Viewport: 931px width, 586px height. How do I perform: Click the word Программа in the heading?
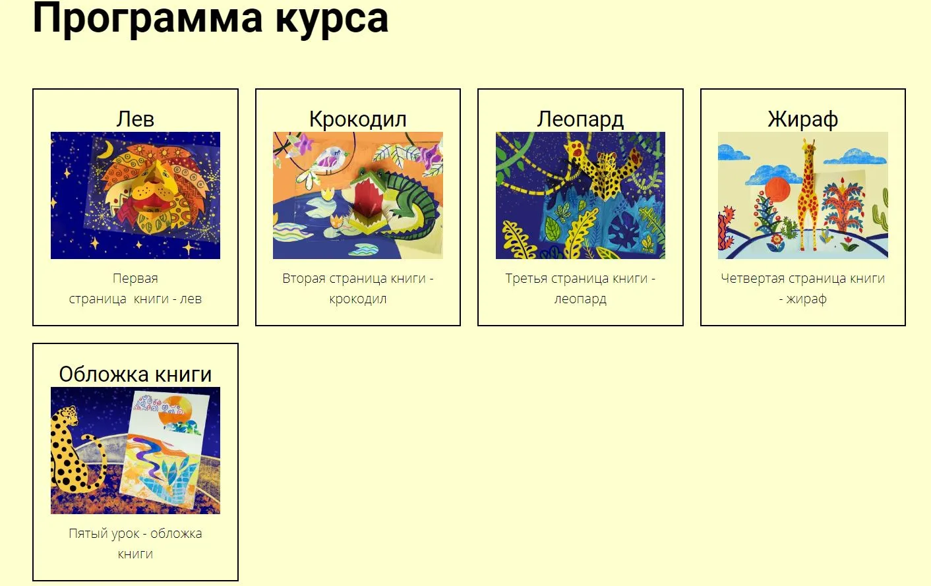click(x=147, y=18)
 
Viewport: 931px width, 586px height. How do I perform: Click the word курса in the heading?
click(x=332, y=18)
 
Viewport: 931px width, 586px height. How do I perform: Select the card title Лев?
click(x=135, y=119)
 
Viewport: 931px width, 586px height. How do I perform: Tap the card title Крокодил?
click(x=357, y=119)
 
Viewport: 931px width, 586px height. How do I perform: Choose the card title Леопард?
click(x=580, y=119)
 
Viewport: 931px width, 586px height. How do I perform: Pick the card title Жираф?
click(x=802, y=119)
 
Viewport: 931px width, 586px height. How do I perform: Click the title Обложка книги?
click(x=135, y=374)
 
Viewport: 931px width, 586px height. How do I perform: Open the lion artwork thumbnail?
click(x=135, y=195)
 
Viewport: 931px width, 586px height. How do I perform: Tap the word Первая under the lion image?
click(x=135, y=278)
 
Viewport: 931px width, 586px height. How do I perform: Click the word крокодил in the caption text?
click(x=357, y=299)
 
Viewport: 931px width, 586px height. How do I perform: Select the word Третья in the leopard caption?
click(x=526, y=278)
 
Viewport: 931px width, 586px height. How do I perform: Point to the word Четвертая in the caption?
click(x=752, y=278)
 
